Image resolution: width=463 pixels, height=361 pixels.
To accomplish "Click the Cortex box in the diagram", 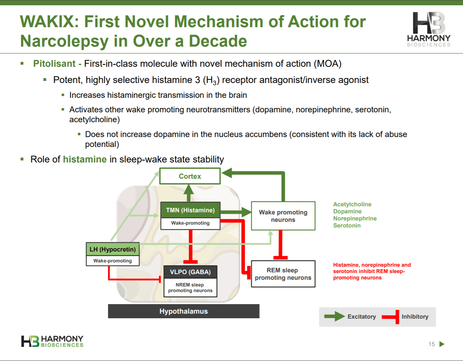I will click(190, 176).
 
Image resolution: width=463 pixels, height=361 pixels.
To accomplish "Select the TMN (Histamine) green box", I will click(190, 210).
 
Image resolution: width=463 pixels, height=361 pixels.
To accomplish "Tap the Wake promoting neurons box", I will click(283, 216).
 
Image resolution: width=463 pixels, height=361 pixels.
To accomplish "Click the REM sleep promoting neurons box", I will click(283, 274).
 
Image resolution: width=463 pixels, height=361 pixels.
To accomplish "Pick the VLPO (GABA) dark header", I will click(190, 272).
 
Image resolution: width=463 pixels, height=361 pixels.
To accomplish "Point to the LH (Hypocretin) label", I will click(113, 249).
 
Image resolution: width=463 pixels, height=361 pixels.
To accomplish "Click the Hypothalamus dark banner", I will click(184, 311).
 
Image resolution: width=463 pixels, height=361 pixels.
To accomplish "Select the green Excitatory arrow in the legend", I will click(334, 316).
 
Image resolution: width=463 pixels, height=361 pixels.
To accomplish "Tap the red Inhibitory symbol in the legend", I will click(391, 316).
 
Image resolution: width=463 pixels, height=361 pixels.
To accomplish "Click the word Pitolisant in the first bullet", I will click(54, 64).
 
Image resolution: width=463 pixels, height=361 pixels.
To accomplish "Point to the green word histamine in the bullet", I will click(85, 159).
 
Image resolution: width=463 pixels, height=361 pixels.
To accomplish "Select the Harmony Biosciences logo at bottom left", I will click(52, 341).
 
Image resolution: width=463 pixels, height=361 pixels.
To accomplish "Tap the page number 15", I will click(432, 344).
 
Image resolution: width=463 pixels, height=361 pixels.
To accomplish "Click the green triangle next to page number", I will click(441, 344).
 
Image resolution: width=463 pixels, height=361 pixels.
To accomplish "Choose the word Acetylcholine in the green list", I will click(352, 204).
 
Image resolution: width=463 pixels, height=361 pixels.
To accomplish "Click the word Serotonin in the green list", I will click(347, 225).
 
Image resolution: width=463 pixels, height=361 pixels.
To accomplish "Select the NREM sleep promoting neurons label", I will click(190, 288).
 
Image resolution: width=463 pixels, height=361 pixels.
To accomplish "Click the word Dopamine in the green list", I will click(347, 211).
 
